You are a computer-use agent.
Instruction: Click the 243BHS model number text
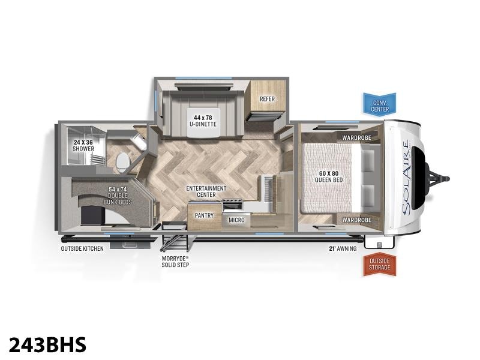47,344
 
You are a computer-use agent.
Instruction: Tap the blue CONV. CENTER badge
380,104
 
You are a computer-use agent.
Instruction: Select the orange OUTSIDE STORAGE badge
380,264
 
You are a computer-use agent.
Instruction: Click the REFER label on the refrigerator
267,99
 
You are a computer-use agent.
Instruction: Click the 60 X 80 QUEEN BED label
329,176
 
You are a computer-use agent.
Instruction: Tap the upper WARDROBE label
356,138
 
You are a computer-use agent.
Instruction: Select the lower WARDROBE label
356,220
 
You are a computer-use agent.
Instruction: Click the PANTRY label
204,215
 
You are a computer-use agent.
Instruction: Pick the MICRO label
236,220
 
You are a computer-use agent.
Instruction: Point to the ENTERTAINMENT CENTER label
206,191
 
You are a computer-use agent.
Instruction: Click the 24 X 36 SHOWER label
83,145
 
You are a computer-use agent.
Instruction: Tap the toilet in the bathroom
124,161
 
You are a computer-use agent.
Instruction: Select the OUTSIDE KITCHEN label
82,248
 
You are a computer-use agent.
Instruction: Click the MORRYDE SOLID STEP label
175,262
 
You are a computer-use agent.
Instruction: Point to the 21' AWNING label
343,248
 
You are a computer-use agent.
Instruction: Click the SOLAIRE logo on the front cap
406,178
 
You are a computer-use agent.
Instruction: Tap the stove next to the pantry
232,205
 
